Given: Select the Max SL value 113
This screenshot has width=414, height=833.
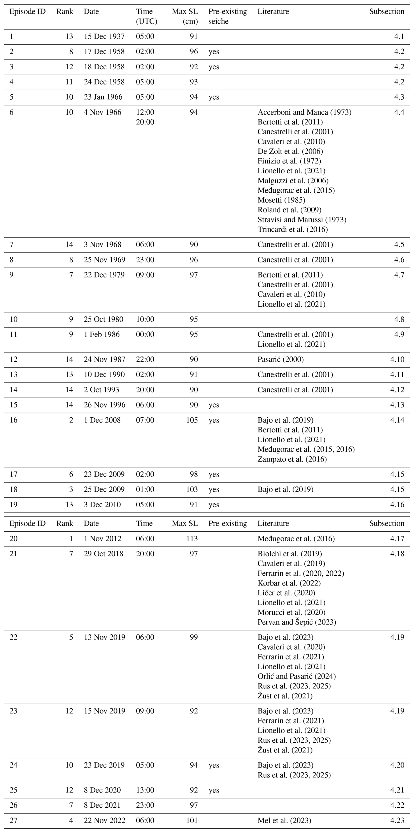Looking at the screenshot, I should (x=192, y=538).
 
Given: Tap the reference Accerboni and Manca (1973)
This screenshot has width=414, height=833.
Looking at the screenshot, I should (x=304, y=112).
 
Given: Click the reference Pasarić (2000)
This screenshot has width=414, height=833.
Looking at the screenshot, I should (x=281, y=359).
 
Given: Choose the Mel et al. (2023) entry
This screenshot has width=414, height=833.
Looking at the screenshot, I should (x=284, y=820).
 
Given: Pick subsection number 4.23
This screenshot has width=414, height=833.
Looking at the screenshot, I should (x=397, y=820).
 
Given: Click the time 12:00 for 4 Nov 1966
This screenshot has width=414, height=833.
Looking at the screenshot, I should (x=145, y=112).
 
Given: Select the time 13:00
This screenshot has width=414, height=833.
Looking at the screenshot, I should (x=145, y=790).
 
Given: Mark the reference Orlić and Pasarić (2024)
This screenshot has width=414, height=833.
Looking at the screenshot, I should (x=296, y=676).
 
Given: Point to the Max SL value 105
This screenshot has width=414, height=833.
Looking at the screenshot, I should (x=192, y=420).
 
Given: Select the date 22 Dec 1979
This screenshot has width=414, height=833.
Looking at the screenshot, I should (x=104, y=275).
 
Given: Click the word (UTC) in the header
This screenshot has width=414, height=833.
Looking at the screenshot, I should (x=146, y=21).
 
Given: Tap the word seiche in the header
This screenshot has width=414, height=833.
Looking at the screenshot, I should (x=218, y=21).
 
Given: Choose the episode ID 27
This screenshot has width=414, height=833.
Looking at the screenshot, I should (x=13, y=820).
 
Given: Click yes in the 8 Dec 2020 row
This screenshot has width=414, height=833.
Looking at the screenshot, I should (x=214, y=790).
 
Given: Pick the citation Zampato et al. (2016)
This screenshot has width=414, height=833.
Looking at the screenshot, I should (x=292, y=459).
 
